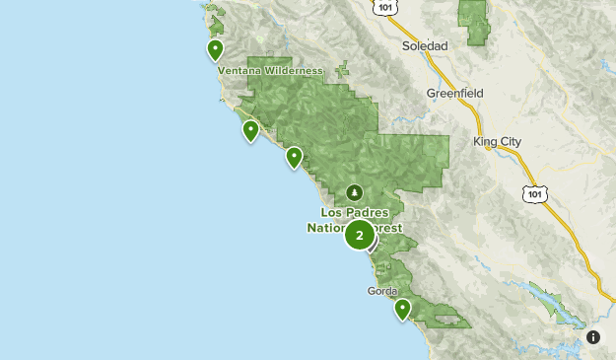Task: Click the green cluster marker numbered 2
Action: pos(359,236)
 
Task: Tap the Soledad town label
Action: pos(425,46)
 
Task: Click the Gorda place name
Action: pos(381,291)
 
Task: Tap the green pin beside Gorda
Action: pos(402,309)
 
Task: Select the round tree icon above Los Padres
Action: pos(355,192)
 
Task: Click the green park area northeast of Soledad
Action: pos(474,22)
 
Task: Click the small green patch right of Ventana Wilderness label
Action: pos(343,71)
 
